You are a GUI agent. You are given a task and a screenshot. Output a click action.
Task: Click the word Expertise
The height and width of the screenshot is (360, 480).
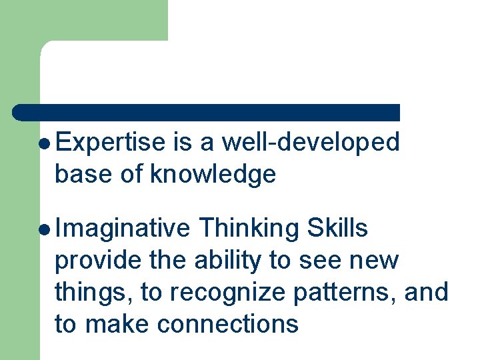point(111,143)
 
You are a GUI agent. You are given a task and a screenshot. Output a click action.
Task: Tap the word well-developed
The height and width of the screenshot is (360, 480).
point(311,143)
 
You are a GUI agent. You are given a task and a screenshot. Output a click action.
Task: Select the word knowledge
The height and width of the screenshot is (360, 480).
point(213,175)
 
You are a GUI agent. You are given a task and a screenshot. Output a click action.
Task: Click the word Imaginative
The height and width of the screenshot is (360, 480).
point(123,229)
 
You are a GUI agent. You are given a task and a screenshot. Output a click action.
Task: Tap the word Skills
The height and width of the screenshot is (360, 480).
point(337,229)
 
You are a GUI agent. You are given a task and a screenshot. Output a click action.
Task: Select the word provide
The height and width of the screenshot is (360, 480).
point(98,261)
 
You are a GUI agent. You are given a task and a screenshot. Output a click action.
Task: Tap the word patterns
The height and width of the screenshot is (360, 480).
point(345,293)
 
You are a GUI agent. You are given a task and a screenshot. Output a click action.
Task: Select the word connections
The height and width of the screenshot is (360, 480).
point(228,324)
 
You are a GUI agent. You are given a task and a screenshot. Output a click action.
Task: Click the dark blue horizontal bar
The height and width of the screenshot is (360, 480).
point(207,112)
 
